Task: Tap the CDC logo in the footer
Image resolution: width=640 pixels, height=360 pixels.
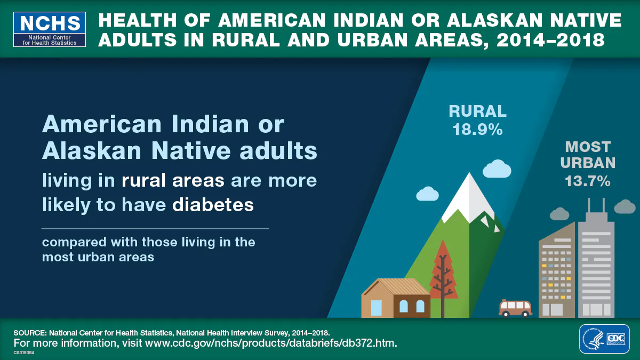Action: pos(604,338)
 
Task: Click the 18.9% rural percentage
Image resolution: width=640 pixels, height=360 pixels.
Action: pos(478,130)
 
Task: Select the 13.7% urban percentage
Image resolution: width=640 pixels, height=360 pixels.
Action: pos(588,181)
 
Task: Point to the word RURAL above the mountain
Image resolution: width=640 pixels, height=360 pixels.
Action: pos(478,111)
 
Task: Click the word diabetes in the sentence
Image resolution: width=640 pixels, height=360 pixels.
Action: pos(213,205)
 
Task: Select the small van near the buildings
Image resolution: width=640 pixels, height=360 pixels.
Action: pos(515,308)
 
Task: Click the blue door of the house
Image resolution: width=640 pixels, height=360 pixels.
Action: pos(377,308)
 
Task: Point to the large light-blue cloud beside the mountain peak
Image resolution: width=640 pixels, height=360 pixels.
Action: pos(497,169)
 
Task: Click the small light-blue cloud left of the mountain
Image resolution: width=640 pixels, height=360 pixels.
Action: pos(427,194)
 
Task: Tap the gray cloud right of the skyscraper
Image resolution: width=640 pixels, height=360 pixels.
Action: pos(625,206)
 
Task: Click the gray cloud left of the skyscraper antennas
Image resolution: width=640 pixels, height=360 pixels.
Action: pos(559,213)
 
